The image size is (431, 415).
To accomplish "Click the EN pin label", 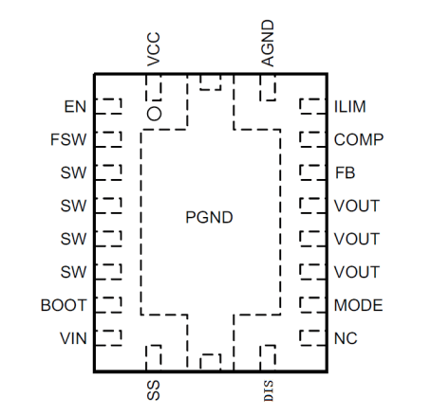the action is pos(75,107).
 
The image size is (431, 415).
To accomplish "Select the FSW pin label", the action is pos(68,139).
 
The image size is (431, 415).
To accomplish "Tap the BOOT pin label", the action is pos(64,305).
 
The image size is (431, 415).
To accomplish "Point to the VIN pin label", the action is pos(73,338).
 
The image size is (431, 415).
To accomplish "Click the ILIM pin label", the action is pos(350,107).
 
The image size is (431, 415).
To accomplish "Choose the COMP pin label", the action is pos(359,139).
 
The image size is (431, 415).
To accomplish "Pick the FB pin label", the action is pos(345,173).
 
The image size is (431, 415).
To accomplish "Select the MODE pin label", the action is pos(359,305).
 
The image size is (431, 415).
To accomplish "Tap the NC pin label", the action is pos(346,338).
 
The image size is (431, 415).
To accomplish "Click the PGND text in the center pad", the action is pos(209,218).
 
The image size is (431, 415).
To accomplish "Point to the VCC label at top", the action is pos(154,49).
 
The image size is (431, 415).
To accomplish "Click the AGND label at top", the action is pos(268,44).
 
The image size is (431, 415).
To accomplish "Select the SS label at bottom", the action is pos(154,390).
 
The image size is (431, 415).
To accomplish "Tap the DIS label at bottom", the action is pos(269,391).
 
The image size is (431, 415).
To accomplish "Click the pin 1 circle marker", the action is pos(154,114).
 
